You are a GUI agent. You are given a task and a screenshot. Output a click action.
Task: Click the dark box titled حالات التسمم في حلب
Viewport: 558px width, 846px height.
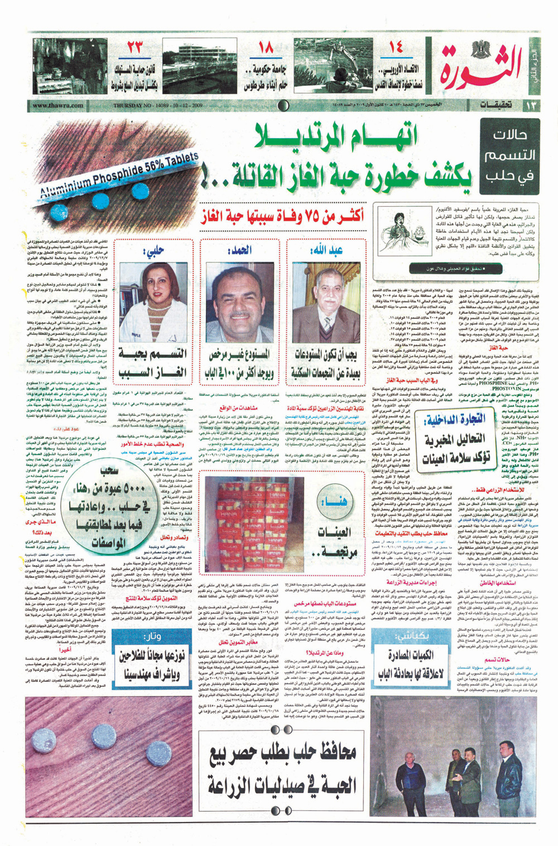click(x=510, y=156)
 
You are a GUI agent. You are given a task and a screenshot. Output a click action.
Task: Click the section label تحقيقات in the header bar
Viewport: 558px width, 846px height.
click(x=495, y=105)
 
